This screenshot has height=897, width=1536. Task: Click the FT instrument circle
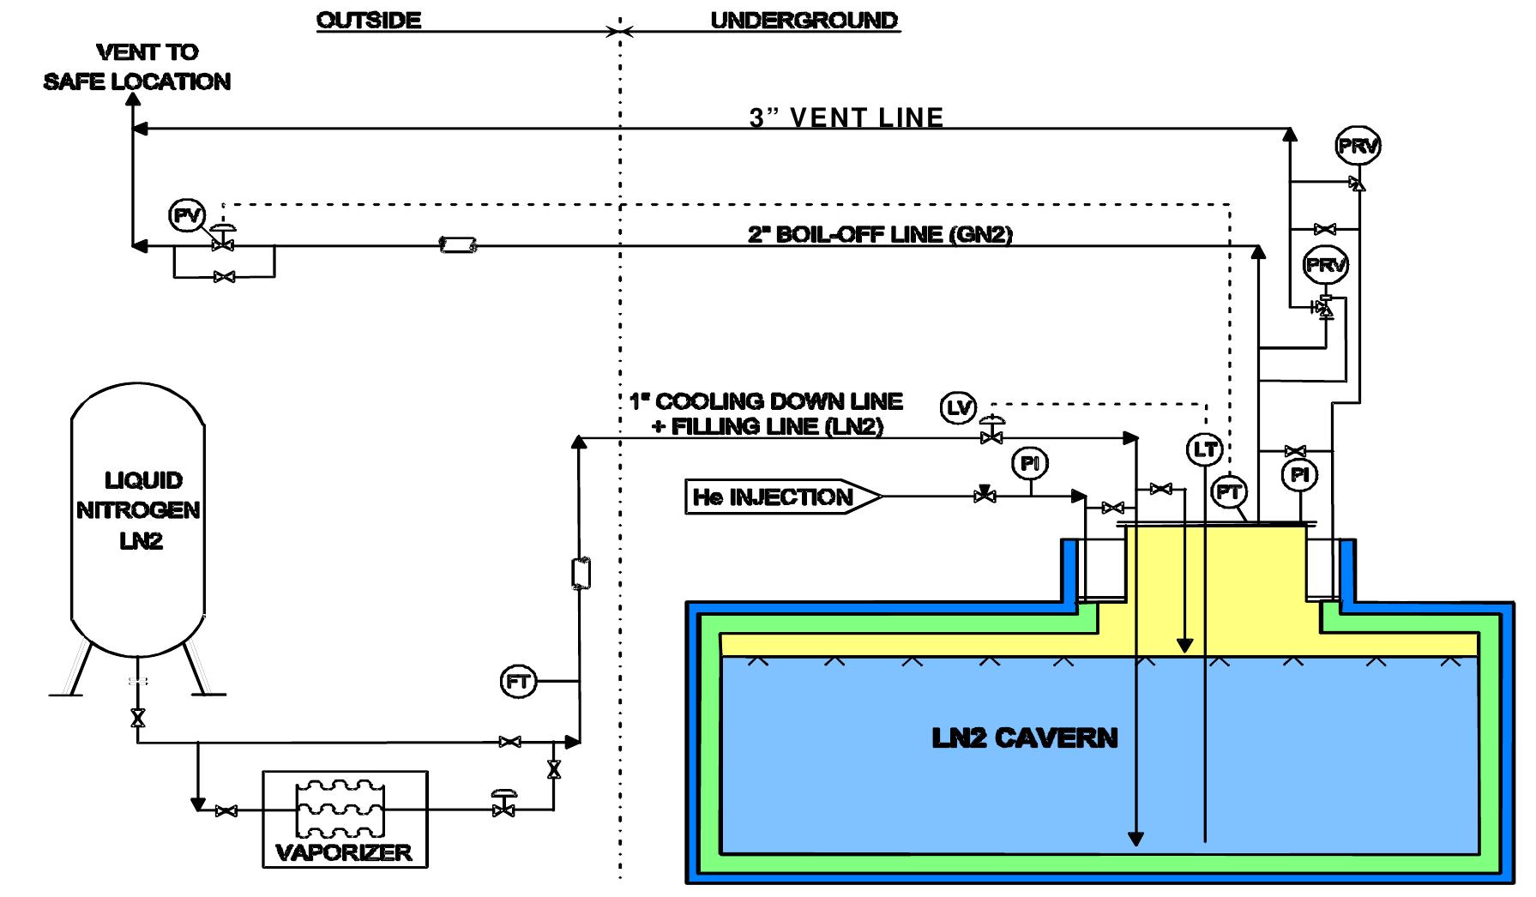coord(517,682)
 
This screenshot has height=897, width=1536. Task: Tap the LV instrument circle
coord(958,408)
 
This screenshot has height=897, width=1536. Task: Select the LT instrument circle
coord(1205,448)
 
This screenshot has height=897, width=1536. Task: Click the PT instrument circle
coord(1230,492)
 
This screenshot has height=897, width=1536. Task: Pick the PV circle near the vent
coord(186,215)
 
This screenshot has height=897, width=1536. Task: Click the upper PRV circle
coord(1358,147)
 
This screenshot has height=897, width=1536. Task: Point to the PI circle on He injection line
coord(1029,464)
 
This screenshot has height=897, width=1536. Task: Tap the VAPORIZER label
coord(343,852)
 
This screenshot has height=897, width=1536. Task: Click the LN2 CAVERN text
coord(1024,738)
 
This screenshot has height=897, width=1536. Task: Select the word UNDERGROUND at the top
coord(804,21)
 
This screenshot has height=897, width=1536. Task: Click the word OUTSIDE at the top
coord(369,21)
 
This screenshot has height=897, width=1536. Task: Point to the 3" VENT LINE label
coord(846,117)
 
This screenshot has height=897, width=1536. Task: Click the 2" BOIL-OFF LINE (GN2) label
coord(880,234)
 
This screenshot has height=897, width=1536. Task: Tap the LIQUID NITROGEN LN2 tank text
coord(139,510)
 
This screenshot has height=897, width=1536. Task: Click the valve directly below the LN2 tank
coord(137,718)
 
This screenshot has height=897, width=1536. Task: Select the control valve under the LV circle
coord(992,437)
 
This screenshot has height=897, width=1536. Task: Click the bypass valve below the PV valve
coord(225,277)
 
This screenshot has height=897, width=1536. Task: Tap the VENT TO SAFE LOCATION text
coord(137,67)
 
